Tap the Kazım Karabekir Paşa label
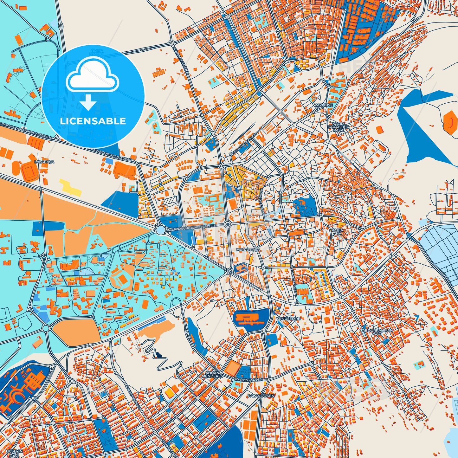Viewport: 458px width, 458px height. pos(338,127)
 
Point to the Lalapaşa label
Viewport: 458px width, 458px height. pos(45,162)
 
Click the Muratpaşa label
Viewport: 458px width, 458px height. pos(248,250)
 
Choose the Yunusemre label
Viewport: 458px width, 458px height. pos(288,318)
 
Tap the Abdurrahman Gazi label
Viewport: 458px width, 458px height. pos(377,332)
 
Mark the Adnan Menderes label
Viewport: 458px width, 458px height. pos(213,374)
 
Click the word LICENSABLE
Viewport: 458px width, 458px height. pos(93,121)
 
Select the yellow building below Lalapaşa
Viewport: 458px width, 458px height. pos(70,187)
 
